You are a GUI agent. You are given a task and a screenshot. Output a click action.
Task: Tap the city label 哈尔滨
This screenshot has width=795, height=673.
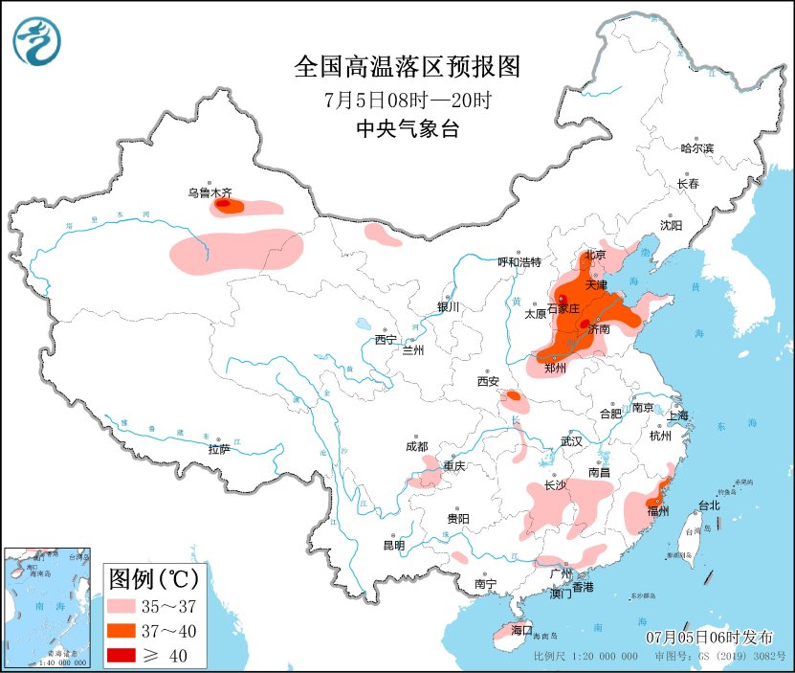pyautogui.click(x=696, y=147)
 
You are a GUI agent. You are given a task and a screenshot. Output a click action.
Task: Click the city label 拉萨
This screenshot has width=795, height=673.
pyautogui.click(x=218, y=448)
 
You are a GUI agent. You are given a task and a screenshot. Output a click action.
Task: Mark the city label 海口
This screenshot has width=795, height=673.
pyautogui.click(x=520, y=630)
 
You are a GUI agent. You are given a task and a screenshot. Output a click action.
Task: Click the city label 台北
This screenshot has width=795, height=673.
pyautogui.click(x=708, y=505)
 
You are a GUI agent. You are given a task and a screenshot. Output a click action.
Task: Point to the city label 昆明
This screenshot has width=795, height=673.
pyautogui.click(x=393, y=545)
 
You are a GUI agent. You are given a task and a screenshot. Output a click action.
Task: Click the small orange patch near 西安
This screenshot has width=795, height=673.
pyautogui.click(x=514, y=395)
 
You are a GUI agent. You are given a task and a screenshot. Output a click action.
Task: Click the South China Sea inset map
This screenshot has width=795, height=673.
pyautogui.click(x=48, y=608)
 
